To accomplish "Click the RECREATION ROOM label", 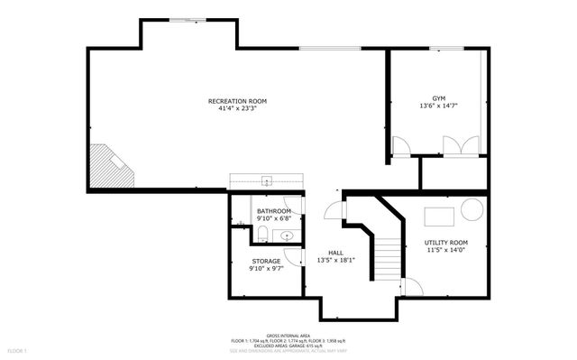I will pyautogui.click(x=237, y=100).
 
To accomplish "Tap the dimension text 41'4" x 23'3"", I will pyautogui.click(x=237, y=108).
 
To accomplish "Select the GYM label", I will pyautogui.click(x=438, y=97).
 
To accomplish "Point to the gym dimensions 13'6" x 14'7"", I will pyautogui.click(x=438, y=106).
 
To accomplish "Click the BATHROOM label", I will pyautogui.click(x=274, y=210).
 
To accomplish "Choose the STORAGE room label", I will pyautogui.click(x=266, y=261).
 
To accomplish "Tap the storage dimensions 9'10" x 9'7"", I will pyautogui.click(x=266, y=269).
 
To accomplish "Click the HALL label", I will pyautogui.click(x=335, y=253).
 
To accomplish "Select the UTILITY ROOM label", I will pyautogui.click(x=446, y=243).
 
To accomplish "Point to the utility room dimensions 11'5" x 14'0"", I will pyautogui.click(x=446, y=251).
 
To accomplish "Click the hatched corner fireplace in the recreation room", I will pyautogui.click(x=109, y=166).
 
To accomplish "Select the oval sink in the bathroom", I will pyautogui.click(x=287, y=235).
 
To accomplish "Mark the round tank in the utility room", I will pyautogui.click(x=472, y=208).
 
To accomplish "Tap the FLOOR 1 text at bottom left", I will pyautogui.click(x=18, y=349).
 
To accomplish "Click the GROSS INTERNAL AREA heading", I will pyautogui.click(x=288, y=333).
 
